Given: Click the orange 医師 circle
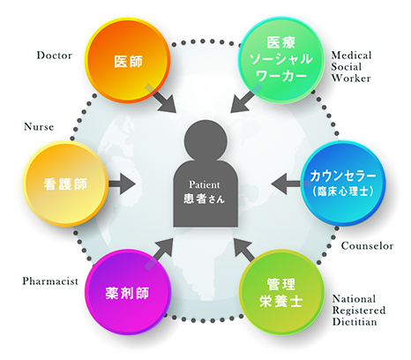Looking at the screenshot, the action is [128, 60].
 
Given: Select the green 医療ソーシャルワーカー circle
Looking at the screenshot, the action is [281, 60].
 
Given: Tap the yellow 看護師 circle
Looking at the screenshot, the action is [66, 184].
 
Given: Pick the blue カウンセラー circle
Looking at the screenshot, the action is [343, 183].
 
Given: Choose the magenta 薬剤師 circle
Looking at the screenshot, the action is [128, 292].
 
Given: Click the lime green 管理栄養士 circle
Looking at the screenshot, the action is [281, 292].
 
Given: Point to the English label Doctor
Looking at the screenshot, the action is [55, 56].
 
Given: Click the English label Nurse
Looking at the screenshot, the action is [39, 127].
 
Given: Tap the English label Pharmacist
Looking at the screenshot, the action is [50, 281].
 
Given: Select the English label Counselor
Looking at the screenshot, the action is [367, 246].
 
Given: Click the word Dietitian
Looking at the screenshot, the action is [355, 322].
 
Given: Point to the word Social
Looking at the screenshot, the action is [347, 67].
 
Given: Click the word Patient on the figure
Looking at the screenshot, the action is [205, 184].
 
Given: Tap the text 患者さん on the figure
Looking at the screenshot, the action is [205, 199].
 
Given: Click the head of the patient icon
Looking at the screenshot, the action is [205, 140].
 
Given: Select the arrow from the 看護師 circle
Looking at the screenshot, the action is [122, 184].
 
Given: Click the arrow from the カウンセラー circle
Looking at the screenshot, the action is [287, 184].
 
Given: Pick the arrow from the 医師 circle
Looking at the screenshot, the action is [161, 98].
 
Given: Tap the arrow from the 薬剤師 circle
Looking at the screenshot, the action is [159, 254].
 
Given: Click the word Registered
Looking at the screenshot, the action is [359, 311].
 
